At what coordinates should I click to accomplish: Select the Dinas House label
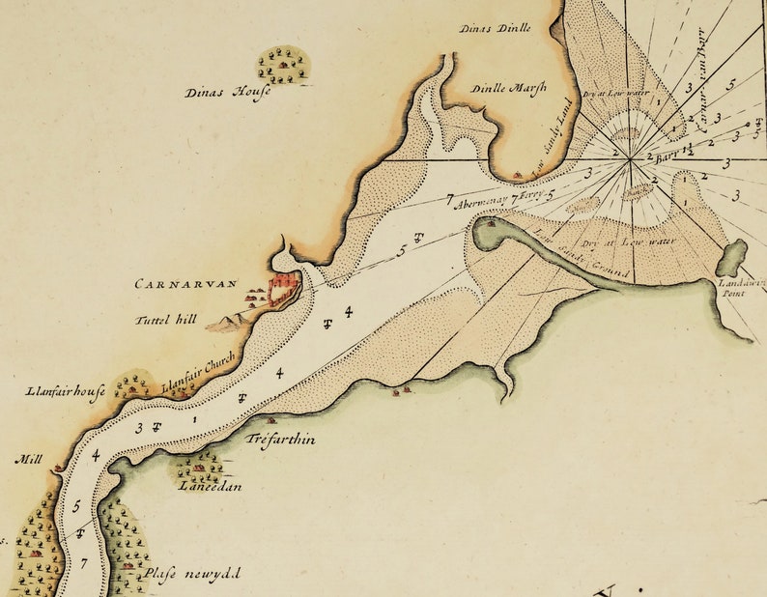coord(227,93)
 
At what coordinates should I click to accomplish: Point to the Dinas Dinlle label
coord(496,28)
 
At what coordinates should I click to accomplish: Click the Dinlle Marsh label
coord(508,88)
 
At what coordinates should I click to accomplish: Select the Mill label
coord(27,460)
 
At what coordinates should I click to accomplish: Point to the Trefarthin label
coord(281,440)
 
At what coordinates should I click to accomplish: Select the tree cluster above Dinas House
coord(283,65)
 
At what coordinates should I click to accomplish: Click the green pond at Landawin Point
coord(731,258)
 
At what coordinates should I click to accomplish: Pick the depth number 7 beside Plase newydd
coord(85,563)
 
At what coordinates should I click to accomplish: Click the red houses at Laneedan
coord(199,468)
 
